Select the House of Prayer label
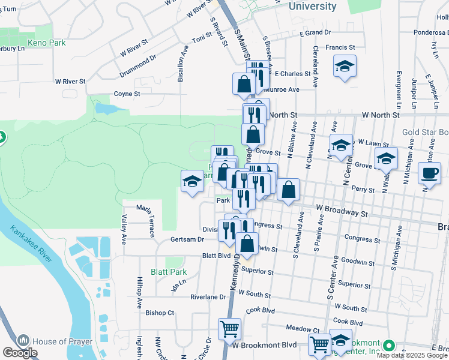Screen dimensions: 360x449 (x=62, y=341)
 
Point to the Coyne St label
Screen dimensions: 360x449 (x=127, y=94)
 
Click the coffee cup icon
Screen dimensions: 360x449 (x=429, y=173)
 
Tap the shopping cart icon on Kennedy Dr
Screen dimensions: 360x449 (x=229, y=329)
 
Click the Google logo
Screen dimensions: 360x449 (x=20, y=352)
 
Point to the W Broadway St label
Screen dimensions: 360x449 (x=342, y=212)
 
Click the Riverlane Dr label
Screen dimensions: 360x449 (x=208, y=297)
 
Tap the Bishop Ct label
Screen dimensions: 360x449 (x=160, y=313)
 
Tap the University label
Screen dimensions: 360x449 (x=312, y=6)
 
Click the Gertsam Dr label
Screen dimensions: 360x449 (x=187, y=239)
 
